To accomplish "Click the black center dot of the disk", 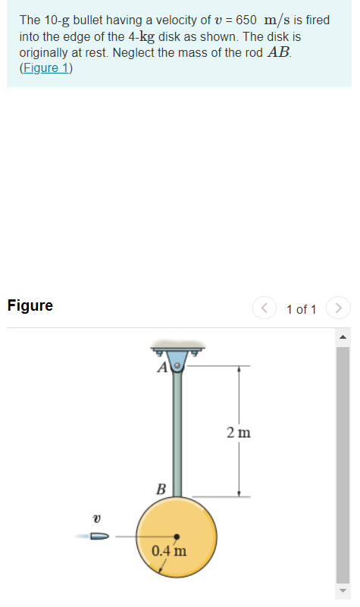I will point(177,536).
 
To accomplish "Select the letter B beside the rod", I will point(161,487).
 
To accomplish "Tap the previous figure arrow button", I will point(265,308).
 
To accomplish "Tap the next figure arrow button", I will point(338,308).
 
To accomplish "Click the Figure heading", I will point(30,306).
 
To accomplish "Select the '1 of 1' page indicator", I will point(302,309).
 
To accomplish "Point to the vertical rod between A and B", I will point(177,432).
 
